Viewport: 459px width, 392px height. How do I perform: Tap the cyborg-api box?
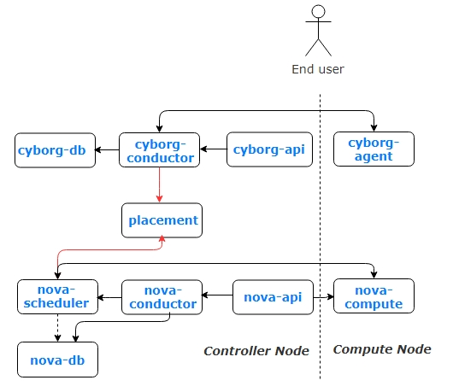(x=266, y=149)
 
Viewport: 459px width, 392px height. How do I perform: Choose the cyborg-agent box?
(x=373, y=149)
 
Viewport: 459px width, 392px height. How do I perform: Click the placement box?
(x=162, y=220)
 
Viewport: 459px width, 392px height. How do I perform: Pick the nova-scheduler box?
(x=56, y=296)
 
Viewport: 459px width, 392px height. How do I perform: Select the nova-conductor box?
(x=162, y=296)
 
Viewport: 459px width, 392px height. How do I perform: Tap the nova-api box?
(x=273, y=296)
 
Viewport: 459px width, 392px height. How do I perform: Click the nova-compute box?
(x=373, y=296)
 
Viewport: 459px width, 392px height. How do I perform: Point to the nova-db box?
(x=57, y=359)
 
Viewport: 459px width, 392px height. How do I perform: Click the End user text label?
(x=319, y=69)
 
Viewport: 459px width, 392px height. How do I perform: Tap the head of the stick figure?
(x=319, y=12)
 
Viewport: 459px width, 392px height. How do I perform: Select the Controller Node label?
(x=256, y=351)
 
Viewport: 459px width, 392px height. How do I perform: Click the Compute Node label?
(x=381, y=349)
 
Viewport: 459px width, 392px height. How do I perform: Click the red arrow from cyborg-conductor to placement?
(x=160, y=184)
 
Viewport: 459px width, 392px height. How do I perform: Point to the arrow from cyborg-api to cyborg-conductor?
(x=213, y=150)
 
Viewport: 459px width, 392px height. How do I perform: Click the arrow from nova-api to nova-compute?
(x=322, y=296)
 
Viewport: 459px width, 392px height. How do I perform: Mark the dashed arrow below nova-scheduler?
(x=56, y=327)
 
